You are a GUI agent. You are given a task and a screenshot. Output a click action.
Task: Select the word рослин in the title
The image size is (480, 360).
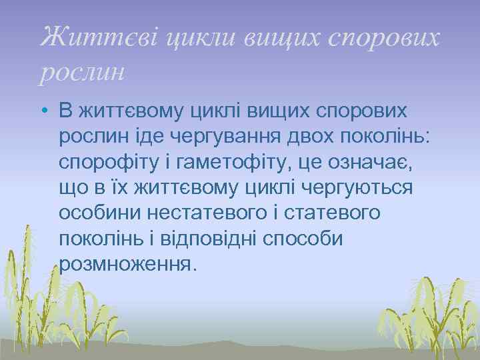(x=82, y=71)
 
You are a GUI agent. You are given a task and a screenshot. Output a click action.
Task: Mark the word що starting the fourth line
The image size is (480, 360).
(x=73, y=188)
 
